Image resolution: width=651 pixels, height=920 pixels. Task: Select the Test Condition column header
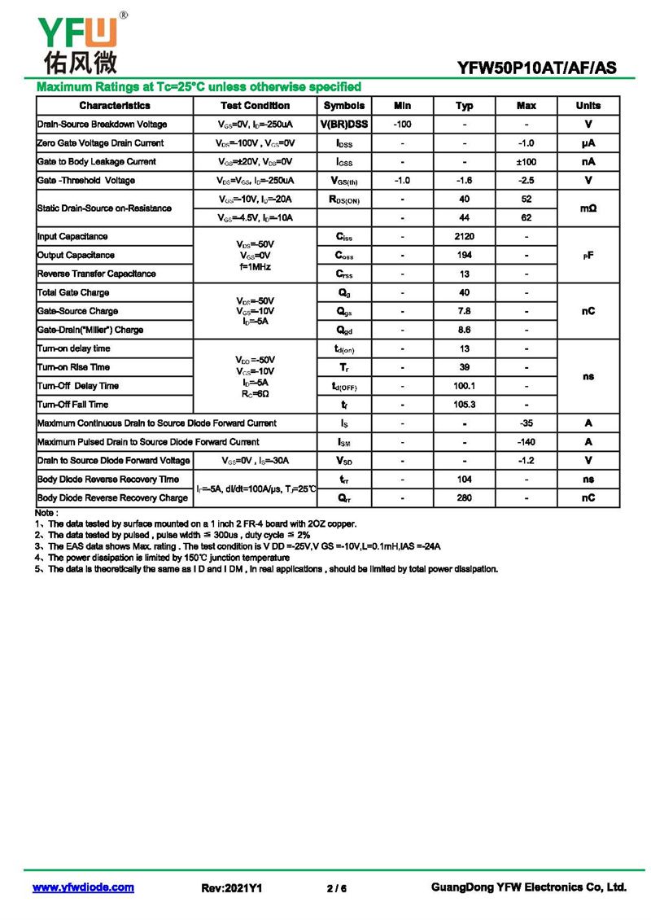255,106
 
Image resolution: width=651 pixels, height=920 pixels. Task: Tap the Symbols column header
344,106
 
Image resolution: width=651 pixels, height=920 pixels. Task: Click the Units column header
588,106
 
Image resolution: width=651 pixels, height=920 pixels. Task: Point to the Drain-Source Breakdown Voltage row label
102,125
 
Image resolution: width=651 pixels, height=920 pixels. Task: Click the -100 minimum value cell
401,125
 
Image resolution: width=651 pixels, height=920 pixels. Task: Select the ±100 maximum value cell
526,162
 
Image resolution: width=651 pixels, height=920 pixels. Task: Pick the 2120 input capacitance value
464,237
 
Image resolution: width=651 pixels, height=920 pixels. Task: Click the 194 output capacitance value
464,256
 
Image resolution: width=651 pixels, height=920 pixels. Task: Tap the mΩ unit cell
588,208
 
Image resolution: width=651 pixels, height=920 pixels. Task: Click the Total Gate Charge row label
73,293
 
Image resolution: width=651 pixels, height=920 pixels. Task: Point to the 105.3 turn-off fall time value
464,405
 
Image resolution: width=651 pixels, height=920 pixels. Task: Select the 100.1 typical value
464,386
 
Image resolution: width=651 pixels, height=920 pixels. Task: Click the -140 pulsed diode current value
526,442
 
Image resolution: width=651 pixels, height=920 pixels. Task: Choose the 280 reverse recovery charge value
464,498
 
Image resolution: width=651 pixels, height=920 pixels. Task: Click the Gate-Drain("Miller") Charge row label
90,331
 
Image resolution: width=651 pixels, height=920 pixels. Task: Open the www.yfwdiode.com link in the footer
83,887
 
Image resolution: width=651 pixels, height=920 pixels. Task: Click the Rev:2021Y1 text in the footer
231,888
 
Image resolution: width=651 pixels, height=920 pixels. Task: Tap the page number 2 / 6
336,888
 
